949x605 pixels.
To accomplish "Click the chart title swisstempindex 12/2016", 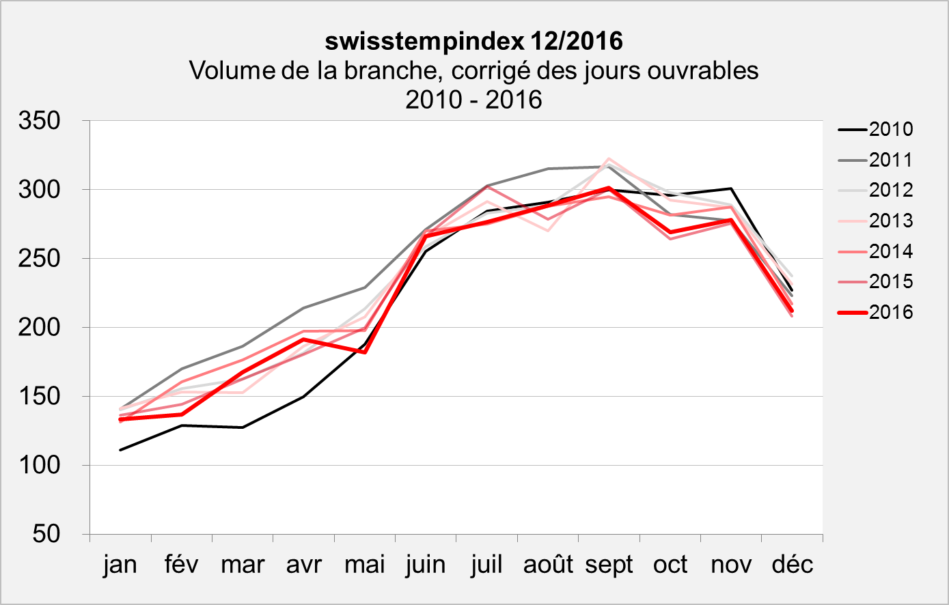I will (473, 41).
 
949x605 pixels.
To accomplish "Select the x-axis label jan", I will (120, 565).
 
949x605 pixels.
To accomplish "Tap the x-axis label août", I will (548, 565).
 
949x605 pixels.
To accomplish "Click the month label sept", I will (609, 565).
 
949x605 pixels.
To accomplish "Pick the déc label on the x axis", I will (793, 565).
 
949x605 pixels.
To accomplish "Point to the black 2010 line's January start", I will (120, 450).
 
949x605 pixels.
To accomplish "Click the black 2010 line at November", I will (731, 188).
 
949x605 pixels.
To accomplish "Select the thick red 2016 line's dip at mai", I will (365, 352).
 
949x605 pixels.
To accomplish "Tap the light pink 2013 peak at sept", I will (609, 159).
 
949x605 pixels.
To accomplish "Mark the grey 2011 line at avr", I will (303, 308).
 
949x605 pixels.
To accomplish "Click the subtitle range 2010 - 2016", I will (473, 100).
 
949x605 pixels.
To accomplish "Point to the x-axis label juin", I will (426, 565).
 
